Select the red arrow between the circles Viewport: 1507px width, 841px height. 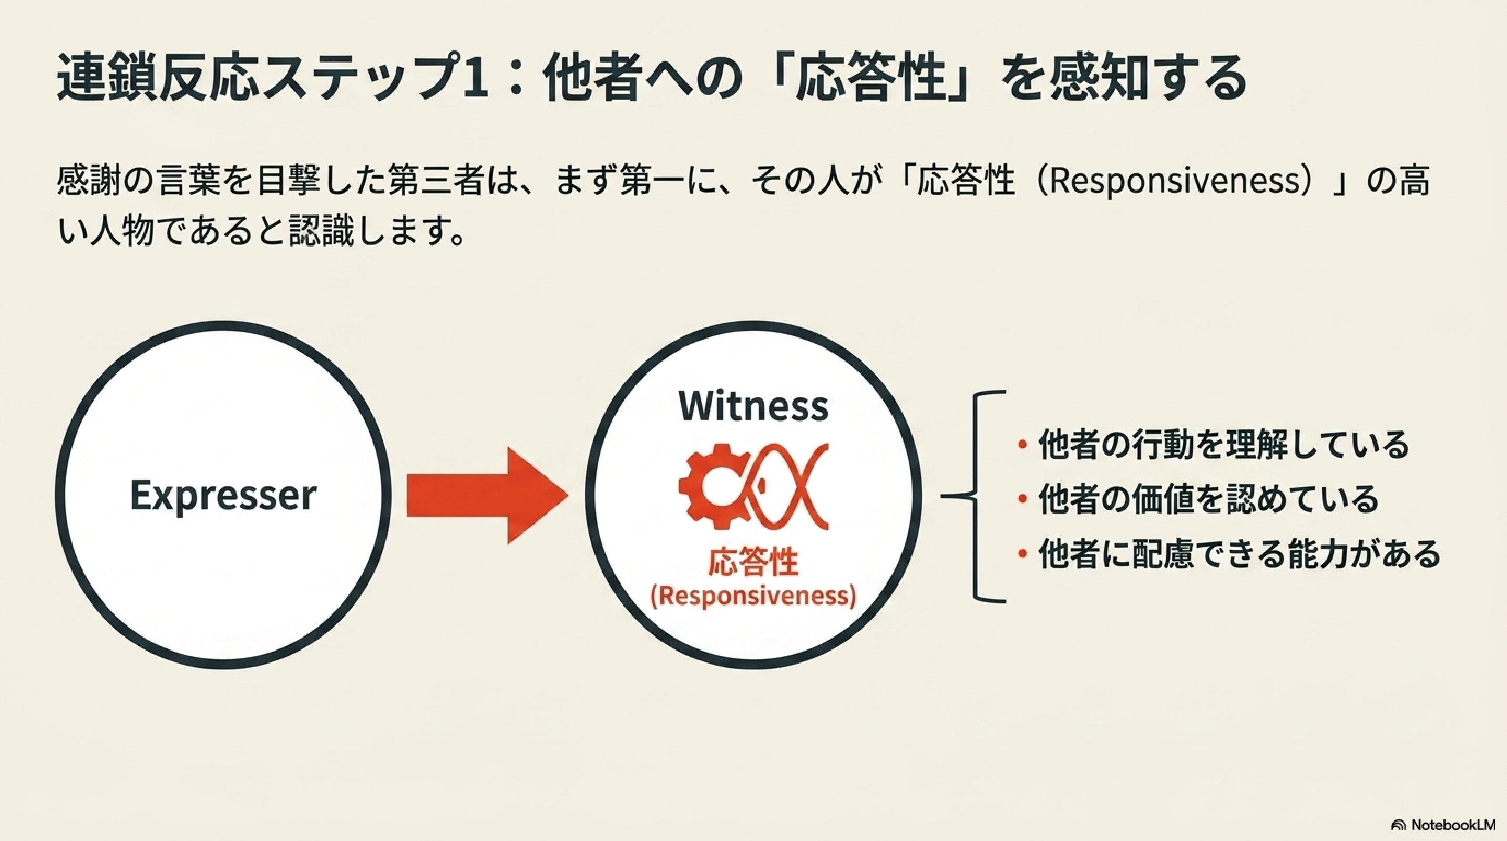tap(488, 495)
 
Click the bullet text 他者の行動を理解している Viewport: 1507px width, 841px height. tap(1224, 445)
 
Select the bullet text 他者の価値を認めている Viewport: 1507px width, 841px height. tap(1208, 499)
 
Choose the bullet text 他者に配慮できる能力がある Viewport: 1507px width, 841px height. tap(1239, 553)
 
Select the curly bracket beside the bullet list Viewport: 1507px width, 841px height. tap(973, 496)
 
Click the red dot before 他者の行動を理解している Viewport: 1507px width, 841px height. tap(1022, 445)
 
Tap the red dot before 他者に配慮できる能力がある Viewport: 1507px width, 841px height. tap(1022, 553)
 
